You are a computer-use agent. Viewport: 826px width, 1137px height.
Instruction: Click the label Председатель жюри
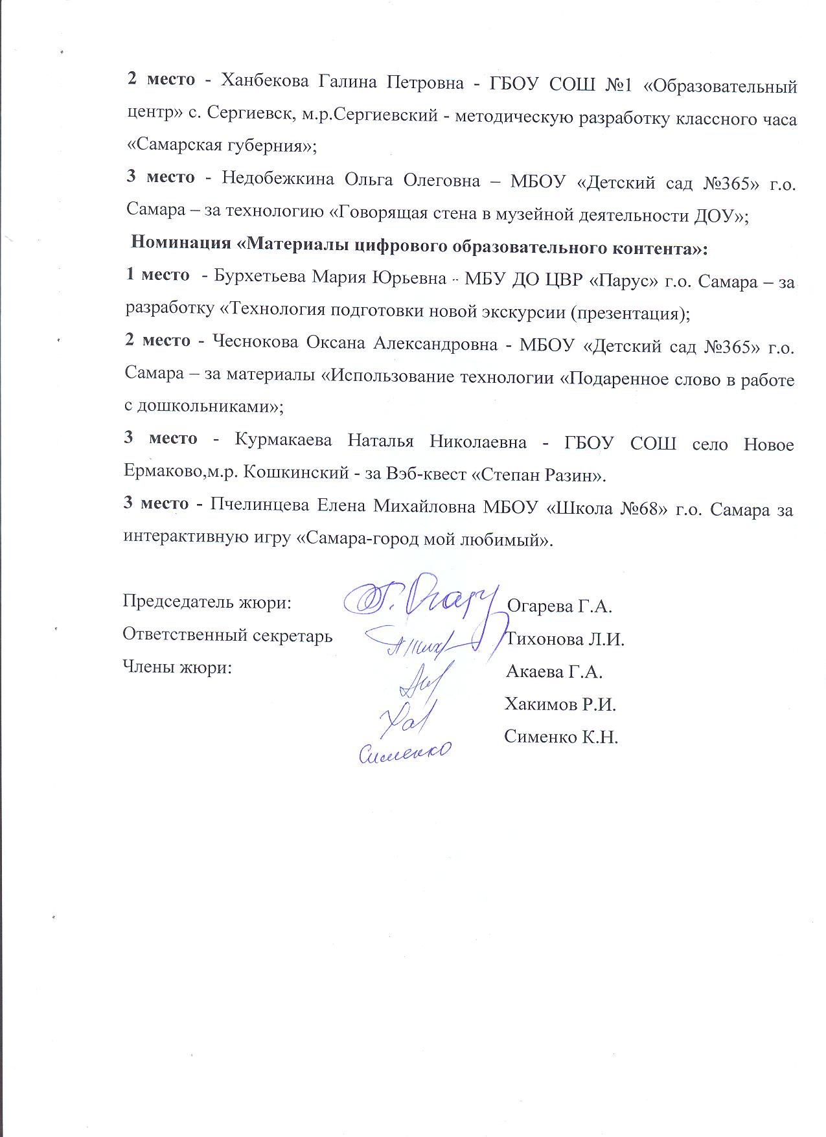point(207,603)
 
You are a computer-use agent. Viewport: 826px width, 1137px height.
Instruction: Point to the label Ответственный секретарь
point(227,636)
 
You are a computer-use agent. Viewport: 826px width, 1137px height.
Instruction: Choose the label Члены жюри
point(177,668)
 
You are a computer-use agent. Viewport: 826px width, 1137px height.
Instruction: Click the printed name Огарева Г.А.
point(559,606)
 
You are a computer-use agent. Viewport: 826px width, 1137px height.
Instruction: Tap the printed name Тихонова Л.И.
point(564,639)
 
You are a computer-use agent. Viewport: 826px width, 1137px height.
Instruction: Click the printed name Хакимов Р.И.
point(560,704)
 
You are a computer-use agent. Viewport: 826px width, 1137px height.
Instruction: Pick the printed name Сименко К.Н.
point(561,737)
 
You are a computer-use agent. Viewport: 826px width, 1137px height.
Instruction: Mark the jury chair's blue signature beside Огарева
point(418,598)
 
